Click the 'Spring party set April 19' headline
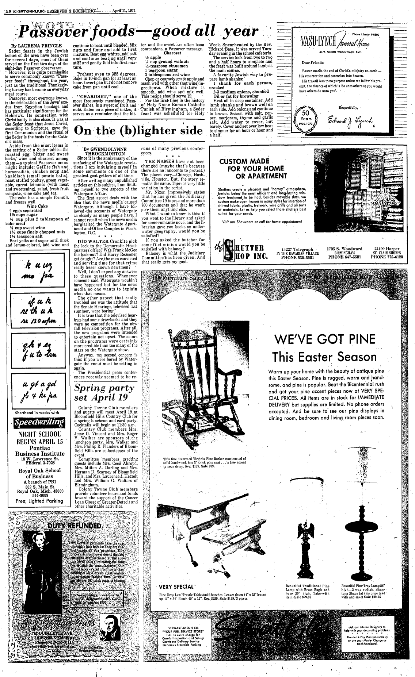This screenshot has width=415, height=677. pos(99,392)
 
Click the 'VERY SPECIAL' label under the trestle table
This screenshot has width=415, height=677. pos(176,586)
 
